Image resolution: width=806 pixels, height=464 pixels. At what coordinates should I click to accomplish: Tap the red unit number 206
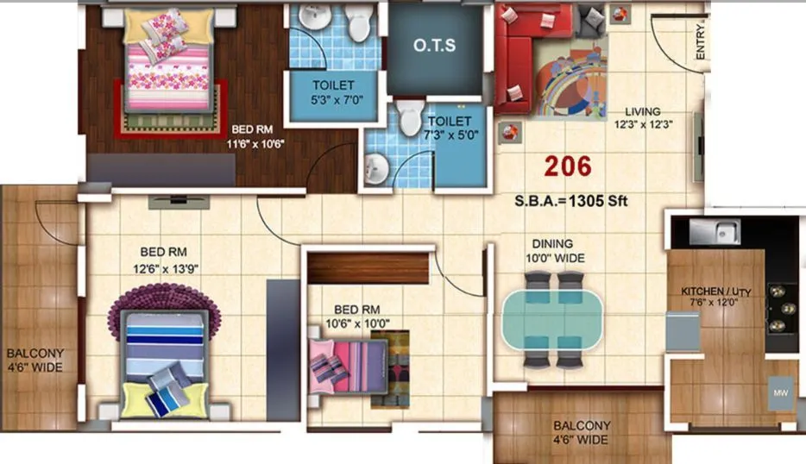[x=568, y=165]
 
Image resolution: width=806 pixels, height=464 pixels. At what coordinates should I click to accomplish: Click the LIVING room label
[x=643, y=111]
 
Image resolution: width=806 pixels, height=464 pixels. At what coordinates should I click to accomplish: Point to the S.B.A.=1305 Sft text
[x=570, y=202]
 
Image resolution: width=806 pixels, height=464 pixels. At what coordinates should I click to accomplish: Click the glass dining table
[x=553, y=317]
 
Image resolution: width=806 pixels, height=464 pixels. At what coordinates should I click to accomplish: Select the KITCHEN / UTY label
[x=715, y=292]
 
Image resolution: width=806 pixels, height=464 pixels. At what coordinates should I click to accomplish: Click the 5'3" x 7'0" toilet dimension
[x=333, y=101]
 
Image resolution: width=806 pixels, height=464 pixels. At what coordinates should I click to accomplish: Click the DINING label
[x=552, y=244]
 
